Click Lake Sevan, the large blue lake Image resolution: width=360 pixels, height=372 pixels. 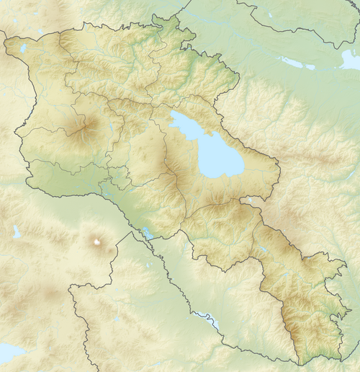click(216, 155)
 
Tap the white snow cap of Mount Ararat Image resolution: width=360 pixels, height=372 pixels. click(96, 242)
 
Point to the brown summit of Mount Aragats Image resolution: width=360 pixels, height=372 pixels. click(84, 130)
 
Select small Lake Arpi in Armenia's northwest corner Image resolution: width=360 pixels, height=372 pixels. click(23, 48)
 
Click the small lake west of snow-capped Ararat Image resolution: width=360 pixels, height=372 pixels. click(17, 232)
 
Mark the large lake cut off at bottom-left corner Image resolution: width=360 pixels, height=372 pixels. click(9, 354)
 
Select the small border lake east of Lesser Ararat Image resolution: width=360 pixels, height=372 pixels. click(148, 233)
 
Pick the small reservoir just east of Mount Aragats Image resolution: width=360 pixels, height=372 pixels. click(112, 130)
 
